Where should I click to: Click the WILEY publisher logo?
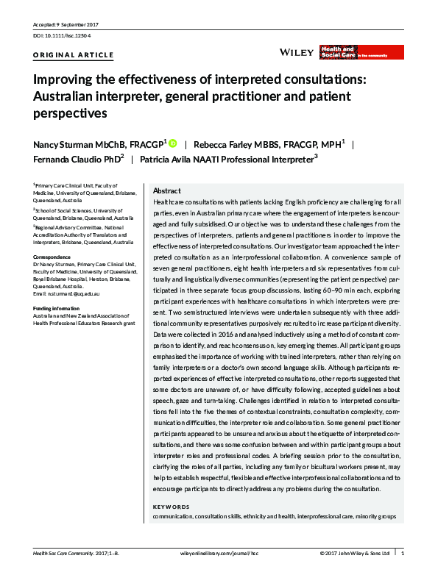[297, 52]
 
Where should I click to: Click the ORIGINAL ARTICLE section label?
[74, 55]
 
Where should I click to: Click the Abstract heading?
[166, 190]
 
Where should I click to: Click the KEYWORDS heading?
[171, 507]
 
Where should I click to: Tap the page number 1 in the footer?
[403, 552]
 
